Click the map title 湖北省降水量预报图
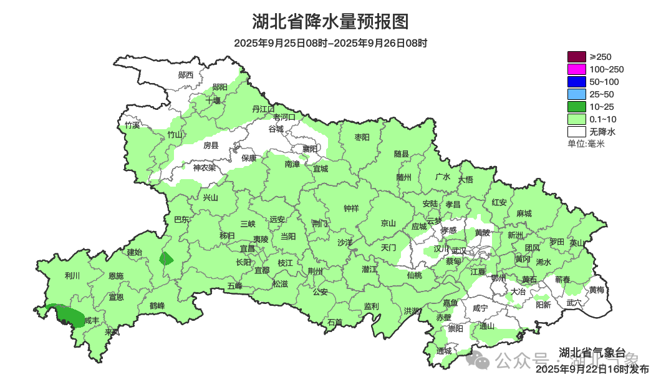point(330,22)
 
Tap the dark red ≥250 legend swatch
point(577,57)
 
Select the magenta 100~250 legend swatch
point(577,69)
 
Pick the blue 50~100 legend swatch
point(577,82)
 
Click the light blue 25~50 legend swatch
point(577,94)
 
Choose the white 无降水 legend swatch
point(577,132)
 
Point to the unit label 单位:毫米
point(586,144)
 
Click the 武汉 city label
point(459,250)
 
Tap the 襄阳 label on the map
point(309,149)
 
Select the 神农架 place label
point(204,167)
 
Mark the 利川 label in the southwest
point(72,275)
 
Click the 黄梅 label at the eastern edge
point(597,290)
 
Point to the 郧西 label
point(186,75)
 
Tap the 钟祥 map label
point(352,209)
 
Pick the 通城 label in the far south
point(444,351)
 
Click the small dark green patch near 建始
point(166,258)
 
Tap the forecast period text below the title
point(330,43)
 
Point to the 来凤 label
point(112,332)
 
